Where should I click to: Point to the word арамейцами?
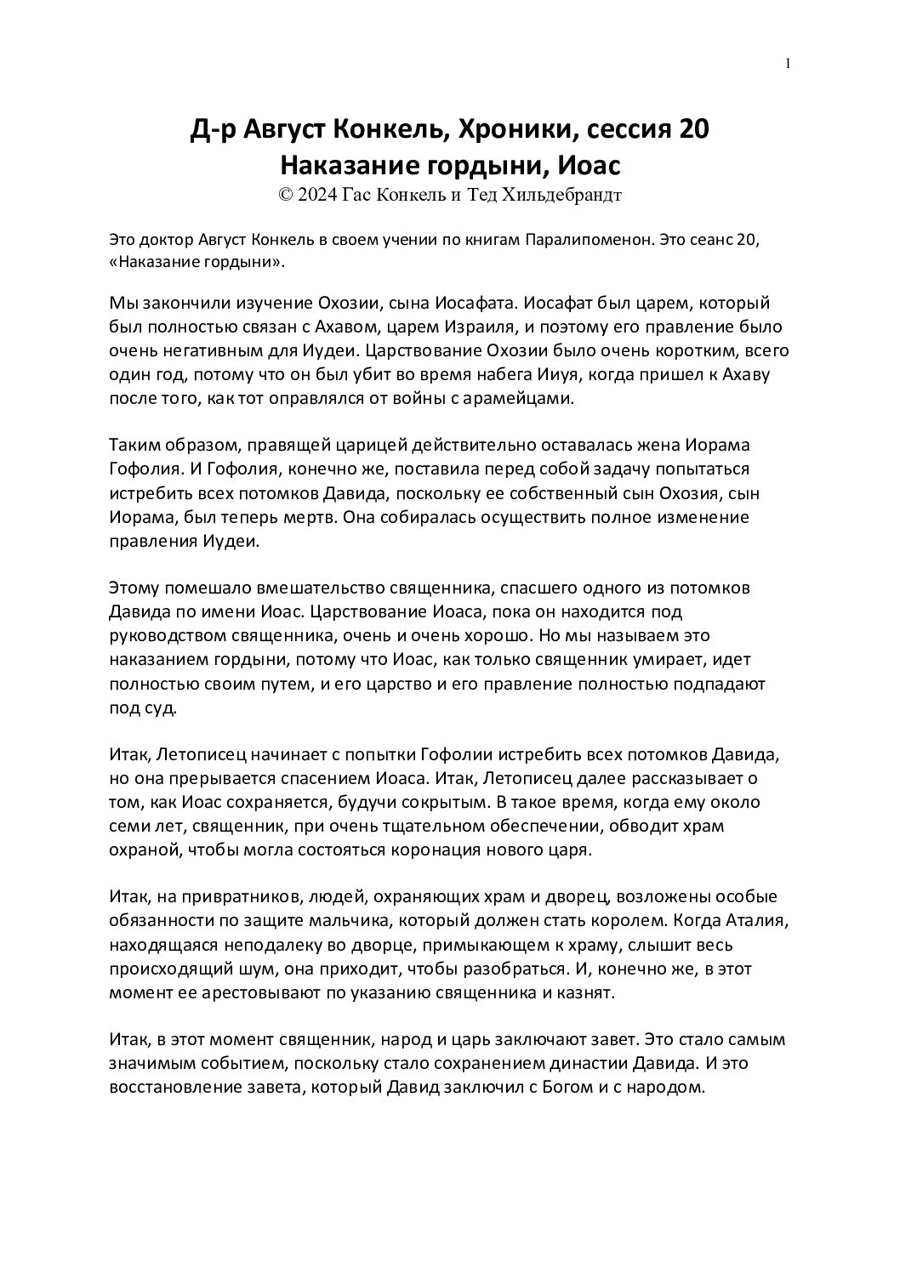[524, 397]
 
